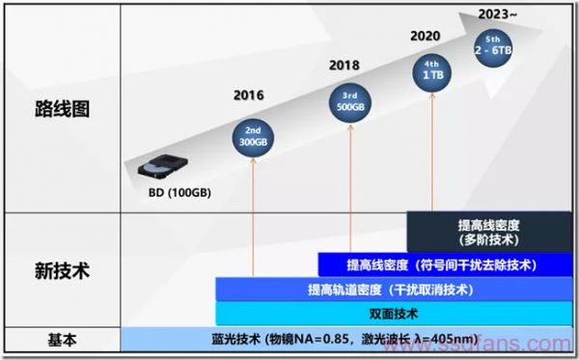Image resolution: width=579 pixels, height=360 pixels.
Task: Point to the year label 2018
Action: click(344, 65)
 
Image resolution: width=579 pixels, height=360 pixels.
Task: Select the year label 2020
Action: click(426, 36)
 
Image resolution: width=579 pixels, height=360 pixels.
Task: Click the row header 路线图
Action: click(61, 107)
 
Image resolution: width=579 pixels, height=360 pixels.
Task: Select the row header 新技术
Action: click(61, 270)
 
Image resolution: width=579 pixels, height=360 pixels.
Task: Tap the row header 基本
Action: click(61, 340)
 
